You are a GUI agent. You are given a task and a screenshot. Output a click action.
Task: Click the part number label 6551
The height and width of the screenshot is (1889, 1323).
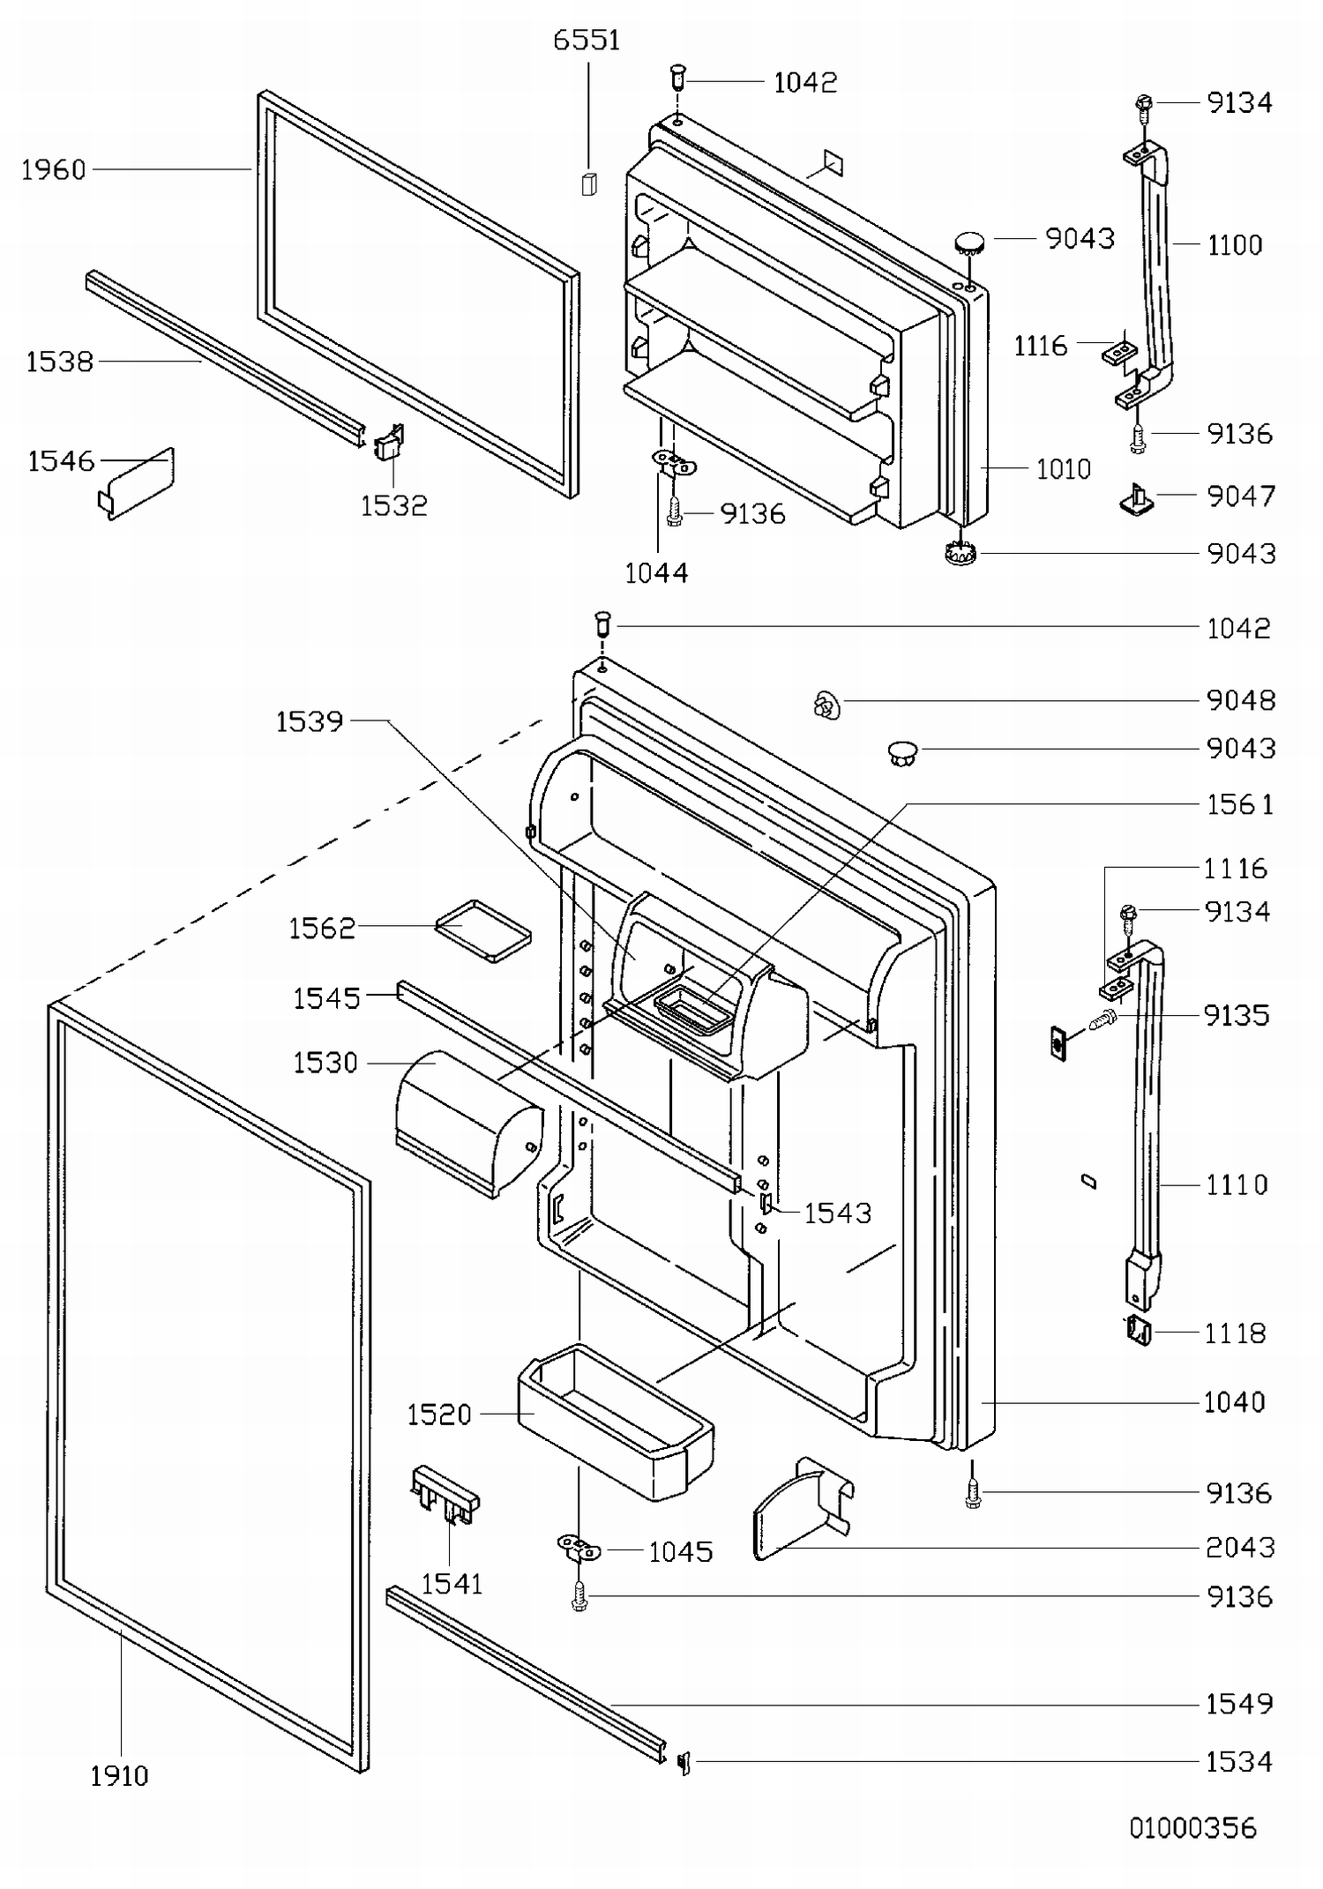click(x=587, y=41)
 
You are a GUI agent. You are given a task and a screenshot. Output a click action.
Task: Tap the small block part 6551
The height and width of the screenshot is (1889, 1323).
click(x=589, y=183)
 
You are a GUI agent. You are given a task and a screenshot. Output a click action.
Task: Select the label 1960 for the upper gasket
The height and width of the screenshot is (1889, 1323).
click(x=54, y=169)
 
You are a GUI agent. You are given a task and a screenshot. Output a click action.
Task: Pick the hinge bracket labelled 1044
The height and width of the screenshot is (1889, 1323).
click(x=674, y=462)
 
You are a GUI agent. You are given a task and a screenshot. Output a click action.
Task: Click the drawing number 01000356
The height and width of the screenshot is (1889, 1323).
click(x=1192, y=1827)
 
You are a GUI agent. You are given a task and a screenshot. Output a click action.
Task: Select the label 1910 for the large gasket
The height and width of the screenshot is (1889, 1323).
click(x=119, y=1775)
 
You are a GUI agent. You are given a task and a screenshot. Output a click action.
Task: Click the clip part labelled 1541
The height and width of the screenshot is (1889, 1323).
click(x=445, y=1494)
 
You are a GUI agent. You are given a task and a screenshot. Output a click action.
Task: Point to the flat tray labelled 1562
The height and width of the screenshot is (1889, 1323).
click(x=483, y=930)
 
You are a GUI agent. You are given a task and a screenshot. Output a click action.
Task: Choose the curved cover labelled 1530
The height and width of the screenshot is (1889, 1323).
click(x=467, y=1121)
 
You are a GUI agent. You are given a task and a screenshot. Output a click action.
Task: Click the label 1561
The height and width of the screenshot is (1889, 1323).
click(x=1239, y=804)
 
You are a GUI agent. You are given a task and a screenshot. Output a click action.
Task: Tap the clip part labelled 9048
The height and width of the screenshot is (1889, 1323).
click(x=826, y=705)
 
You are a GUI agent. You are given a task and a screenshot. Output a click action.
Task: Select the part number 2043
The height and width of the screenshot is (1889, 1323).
click(x=1239, y=1547)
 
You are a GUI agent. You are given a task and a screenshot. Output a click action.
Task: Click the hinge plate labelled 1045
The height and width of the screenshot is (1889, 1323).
click(x=579, y=1546)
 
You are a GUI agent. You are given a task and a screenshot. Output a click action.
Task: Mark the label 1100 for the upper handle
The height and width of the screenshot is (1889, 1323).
click(x=1235, y=244)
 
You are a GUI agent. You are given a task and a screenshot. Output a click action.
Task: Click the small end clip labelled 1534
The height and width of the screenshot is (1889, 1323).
click(x=684, y=1762)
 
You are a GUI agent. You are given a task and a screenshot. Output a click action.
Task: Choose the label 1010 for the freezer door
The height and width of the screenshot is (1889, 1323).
click(x=1063, y=468)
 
